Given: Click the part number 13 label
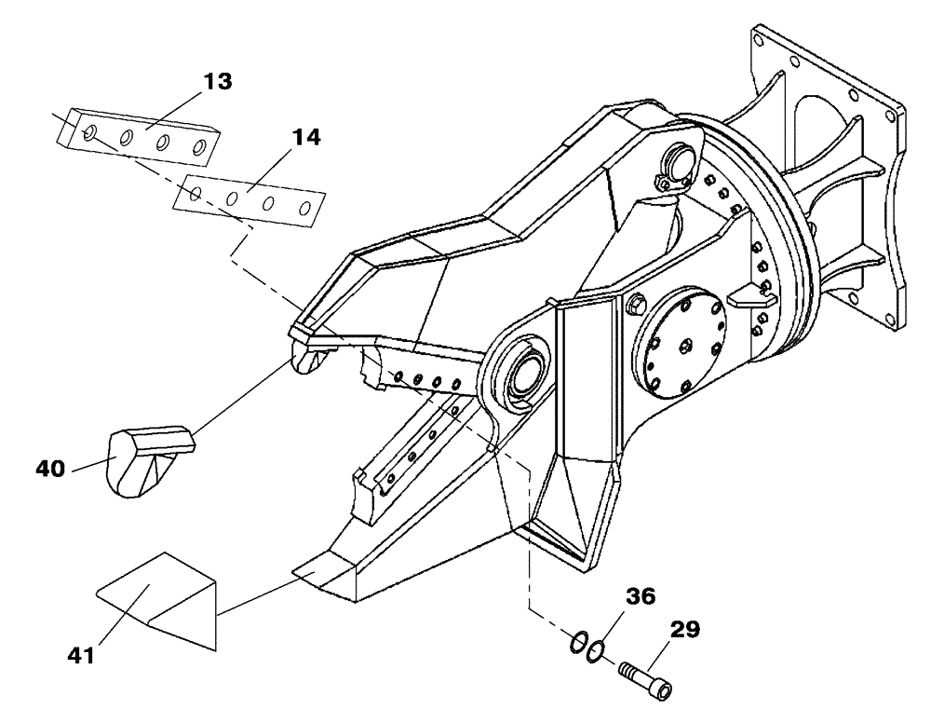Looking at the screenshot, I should [217, 81].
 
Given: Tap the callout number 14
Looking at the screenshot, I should [305, 137].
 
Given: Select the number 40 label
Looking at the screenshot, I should [53, 467].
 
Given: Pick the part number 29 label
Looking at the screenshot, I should [683, 632].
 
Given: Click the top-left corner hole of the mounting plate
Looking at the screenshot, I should [761, 42].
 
